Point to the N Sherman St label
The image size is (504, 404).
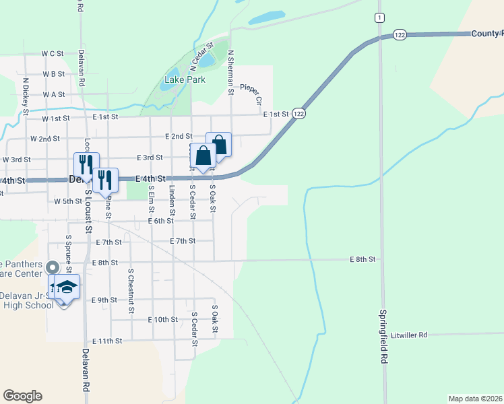(x=231, y=71)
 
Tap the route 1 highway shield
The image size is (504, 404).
(x=381, y=17)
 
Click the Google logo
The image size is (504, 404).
(x=22, y=396)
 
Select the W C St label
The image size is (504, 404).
(x=52, y=53)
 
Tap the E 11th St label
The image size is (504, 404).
(x=108, y=341)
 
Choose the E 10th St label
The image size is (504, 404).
(x=162, y=320)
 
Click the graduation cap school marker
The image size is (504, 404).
(x=67, y=288)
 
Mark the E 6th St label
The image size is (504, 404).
(x=161, y=221)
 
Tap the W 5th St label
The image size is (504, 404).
(x=67, y=201)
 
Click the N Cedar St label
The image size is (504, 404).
(x=201, y=57)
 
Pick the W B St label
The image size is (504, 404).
(x=53, y=74)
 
